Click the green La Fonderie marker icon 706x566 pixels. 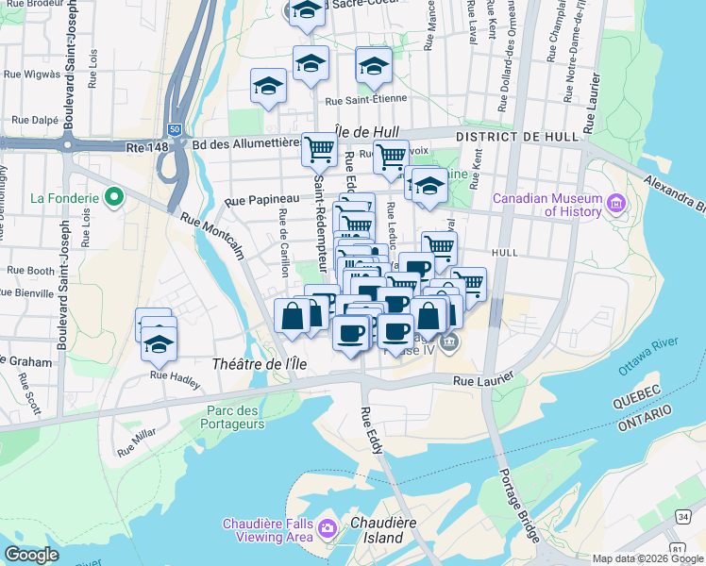click(x=114, y=197)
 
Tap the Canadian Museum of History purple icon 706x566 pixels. click(x=616, y=203)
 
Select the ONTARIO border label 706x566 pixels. click(x=643, y=426)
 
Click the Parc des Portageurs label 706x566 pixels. click(x=235, y=417)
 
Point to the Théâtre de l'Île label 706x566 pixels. click(x=254, y=364)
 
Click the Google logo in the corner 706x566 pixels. click(x=32, y=555)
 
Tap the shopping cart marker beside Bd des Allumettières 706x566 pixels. click(x=319, y=148)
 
